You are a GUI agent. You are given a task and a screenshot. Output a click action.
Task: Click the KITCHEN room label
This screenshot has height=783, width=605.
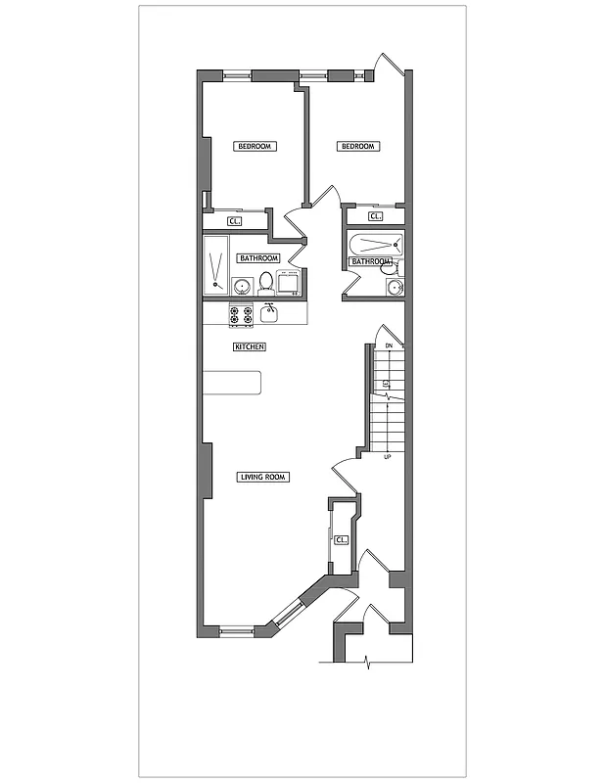[250, 347]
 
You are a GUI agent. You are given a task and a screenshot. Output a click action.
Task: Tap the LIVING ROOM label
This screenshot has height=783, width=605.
[262, 478]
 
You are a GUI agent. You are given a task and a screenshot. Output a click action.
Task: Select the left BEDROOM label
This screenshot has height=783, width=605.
[255, 147]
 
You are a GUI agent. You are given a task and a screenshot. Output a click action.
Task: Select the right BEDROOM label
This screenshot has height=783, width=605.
[357, 147]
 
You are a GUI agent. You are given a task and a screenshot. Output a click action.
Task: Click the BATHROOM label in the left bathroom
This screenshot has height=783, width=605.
[258, 258]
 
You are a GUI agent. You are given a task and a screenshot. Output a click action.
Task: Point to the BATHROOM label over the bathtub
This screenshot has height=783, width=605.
[371, 261]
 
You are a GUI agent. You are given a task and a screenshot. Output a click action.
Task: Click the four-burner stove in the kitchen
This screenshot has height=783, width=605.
[241, 314]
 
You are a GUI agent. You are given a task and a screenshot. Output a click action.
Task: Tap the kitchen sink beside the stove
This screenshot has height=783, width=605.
[270, 313]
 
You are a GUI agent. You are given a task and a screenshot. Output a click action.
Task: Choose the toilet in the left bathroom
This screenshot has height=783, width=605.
[266, 282]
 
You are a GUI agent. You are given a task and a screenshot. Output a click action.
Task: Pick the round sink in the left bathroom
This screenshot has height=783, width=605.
[241, 286]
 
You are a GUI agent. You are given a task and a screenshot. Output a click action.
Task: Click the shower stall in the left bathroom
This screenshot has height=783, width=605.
[215, 264]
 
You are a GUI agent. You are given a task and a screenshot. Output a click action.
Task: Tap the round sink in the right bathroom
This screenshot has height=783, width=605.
[395, 287]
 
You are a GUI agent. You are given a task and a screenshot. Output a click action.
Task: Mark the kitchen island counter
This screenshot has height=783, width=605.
[232, 382]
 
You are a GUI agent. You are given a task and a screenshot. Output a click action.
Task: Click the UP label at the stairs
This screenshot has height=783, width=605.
[388, 457]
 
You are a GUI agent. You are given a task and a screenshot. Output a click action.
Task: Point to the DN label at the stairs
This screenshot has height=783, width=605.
[388, 346]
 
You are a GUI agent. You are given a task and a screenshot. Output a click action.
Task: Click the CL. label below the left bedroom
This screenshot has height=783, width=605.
[234, 221]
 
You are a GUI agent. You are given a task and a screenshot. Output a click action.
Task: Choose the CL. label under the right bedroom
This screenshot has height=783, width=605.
[375, 216]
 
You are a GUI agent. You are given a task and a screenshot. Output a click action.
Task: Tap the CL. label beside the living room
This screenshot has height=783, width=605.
[341, 539]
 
